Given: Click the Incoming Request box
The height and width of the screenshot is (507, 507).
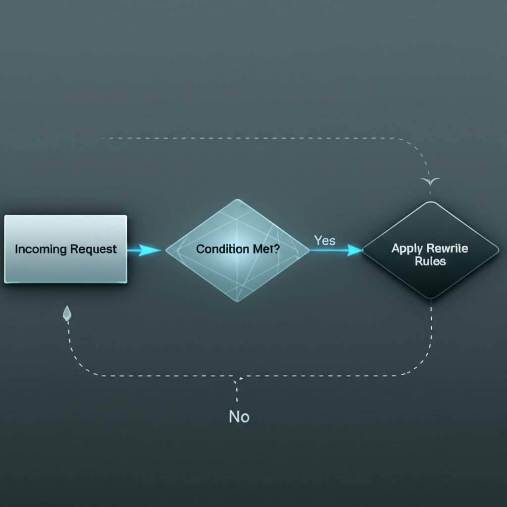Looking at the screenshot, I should [x=66, y=249].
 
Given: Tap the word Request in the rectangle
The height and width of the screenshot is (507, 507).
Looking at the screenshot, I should [x=94, y=249].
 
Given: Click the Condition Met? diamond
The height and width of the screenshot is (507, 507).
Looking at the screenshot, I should [x=238, y=250].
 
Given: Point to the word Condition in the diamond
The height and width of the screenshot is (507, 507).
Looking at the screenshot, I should [x=218, y=249].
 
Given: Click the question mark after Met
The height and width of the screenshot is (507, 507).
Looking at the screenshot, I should [x=276, y=249].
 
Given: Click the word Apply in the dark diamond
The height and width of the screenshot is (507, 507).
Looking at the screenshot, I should [x=404, y=248].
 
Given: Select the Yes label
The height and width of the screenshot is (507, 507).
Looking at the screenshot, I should [x=324, y=241].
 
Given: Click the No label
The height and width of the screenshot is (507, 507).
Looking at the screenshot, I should [x=239, y=417].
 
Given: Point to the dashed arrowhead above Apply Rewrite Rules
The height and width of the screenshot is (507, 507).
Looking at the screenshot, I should [x=430, y=182].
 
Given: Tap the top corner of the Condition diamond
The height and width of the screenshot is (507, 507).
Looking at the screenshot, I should [x=239, y=200].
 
